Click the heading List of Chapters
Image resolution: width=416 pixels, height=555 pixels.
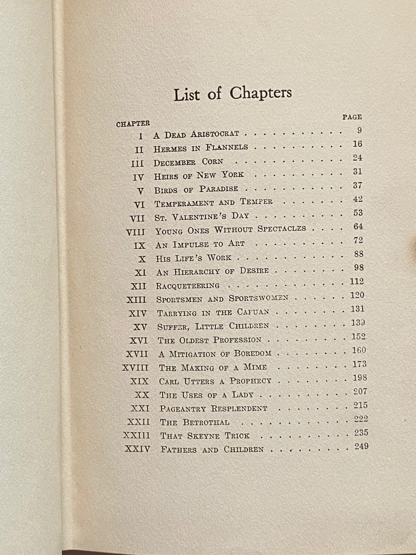click(232, 94)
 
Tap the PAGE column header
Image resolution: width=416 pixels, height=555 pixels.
click(352, 117)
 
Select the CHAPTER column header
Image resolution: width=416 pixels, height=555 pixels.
click(133, 124)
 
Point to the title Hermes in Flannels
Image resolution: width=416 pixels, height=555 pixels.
click(201, 148)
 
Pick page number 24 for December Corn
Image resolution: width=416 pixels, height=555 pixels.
click(357, 157)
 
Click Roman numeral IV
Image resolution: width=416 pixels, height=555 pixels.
click(138, 177)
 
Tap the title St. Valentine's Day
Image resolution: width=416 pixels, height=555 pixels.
click(202, 216)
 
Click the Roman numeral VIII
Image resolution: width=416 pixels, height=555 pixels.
click(135, 232)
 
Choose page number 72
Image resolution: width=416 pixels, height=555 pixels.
click(358, 240)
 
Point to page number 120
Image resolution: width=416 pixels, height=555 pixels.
click(358, 295)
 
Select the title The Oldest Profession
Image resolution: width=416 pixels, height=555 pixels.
click(209, 340)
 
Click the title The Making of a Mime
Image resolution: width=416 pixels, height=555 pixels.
click(213, 368)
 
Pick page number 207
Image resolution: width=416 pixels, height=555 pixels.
click(360, 391)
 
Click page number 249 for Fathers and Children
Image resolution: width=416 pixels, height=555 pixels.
click(361, 447)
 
